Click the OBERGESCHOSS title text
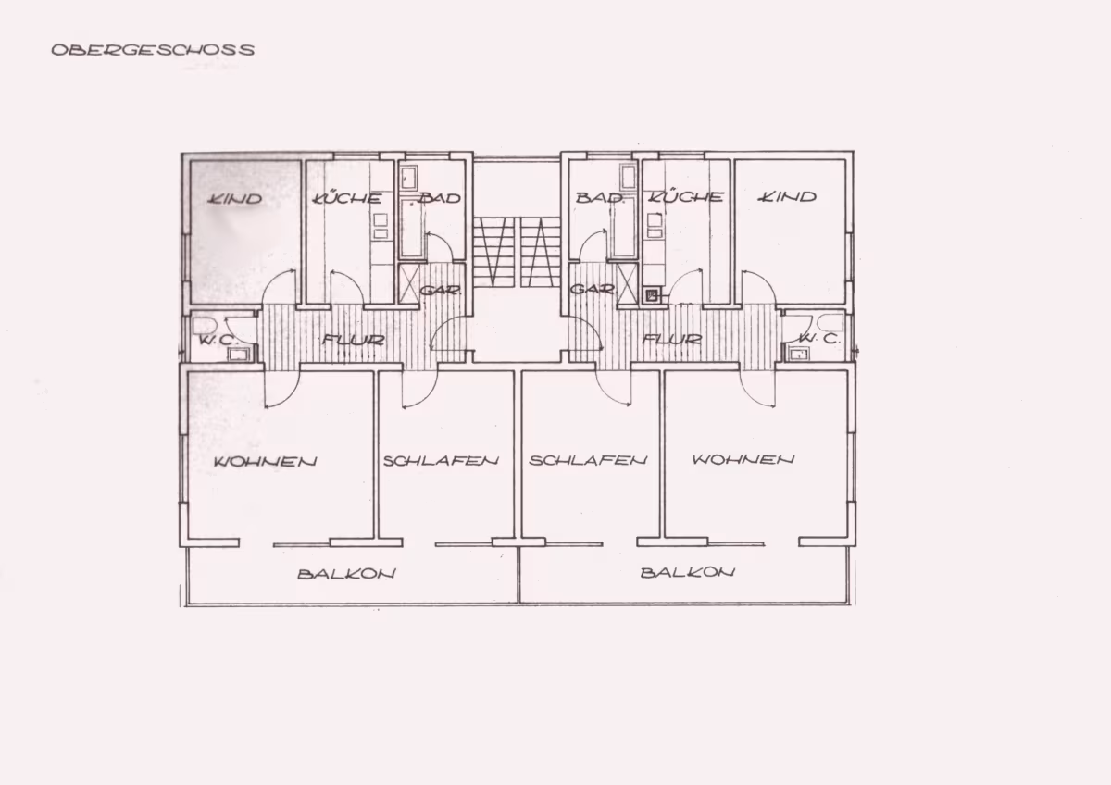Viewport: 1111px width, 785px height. point(154,50)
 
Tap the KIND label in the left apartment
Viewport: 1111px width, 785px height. point(234,199)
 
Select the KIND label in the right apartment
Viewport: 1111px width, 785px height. point(787,197)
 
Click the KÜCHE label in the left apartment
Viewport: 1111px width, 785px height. point(347,198)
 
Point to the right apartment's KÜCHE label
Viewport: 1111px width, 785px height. point(686,196)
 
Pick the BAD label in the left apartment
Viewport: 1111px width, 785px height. point(440,198)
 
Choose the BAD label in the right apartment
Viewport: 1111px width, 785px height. point(599,197)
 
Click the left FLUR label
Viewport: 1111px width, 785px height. point(353,340)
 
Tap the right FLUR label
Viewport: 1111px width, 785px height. point(672,339)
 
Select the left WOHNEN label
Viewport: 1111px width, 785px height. point(266,462)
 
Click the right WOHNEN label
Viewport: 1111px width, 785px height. point(743,460)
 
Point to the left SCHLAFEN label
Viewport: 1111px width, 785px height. point(441,461)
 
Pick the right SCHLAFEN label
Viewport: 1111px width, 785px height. point(588,460)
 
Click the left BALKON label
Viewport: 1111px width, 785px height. point(346,574)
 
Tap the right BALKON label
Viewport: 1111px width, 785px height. point(687,573)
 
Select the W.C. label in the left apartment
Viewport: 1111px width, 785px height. point(218,341)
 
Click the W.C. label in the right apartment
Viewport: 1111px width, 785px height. point(819,339)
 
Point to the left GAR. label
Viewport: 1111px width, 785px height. point(441,290)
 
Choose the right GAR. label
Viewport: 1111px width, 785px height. point(593,289)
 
